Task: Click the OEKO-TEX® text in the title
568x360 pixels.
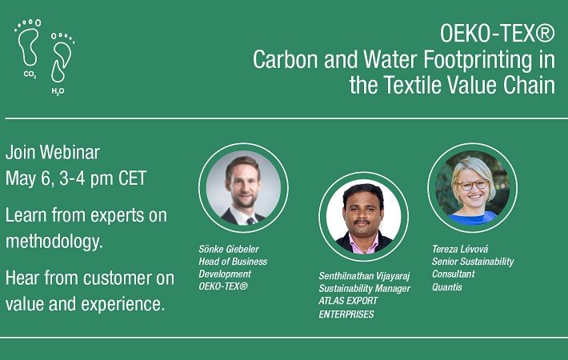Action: (497, 34)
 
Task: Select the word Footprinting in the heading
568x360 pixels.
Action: (478, 59)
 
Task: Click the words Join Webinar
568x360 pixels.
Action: (53, 152)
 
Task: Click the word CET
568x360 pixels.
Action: (132, 178)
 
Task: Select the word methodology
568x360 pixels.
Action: (54, 242)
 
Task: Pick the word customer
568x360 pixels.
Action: (115, 278)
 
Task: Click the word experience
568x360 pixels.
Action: (123, 305)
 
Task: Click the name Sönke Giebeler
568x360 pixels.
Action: (229, 249)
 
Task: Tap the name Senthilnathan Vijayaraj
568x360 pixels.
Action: (364, 276)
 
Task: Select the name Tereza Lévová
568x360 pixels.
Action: (460, 249)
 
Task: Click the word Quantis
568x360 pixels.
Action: (447, 287)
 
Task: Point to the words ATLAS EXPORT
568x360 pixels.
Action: (348, 301)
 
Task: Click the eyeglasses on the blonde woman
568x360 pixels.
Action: (472, 185)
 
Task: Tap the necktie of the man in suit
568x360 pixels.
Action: (250, 221)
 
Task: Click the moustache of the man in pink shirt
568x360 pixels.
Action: (362, 222)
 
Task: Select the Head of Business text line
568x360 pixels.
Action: (233, 262)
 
